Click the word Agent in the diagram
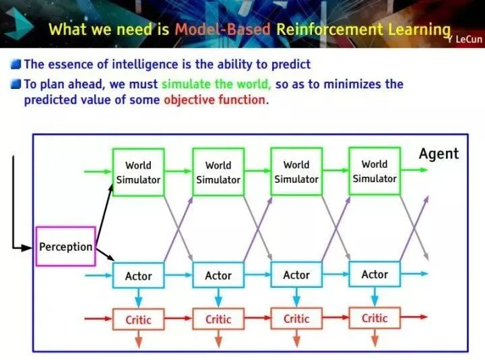click(x=439, y=154)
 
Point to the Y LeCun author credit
click(x=465, y=39)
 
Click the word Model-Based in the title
click(x=222, y=30)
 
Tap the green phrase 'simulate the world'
click(x=216, y=84)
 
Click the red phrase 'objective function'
click(x=214, y=100)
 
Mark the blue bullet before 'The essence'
click(x=15, y=65)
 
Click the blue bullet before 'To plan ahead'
click(x=15, y=84)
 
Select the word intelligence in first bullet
click(x=145, y=65)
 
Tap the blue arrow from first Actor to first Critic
click(x=138, y=298)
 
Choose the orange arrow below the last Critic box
click(x=375, y=338)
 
